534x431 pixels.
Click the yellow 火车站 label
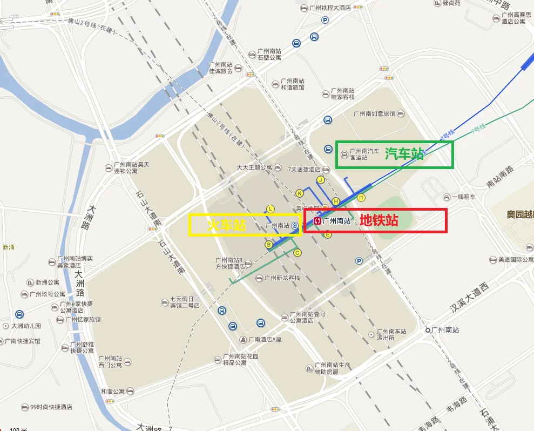(227, 225)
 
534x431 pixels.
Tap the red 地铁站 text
(379, 220)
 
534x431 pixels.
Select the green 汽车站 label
(404, 154)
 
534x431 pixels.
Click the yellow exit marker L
(271, 209)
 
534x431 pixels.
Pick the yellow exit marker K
(300, 193)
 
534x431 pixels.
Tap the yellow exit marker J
(320, 180)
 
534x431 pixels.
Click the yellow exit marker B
(268, 245)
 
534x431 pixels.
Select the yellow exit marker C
(296, 252)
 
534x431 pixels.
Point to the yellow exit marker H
(335, 201)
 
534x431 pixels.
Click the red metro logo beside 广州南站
(317, 220)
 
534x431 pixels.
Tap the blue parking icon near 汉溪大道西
(359, 261)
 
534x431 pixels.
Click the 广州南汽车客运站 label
(364, 154)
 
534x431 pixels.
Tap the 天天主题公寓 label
(254, 167)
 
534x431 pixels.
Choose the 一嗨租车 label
(463, 197)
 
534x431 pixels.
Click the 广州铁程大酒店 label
(329, 8)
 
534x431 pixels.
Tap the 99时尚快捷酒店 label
(51, 407)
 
